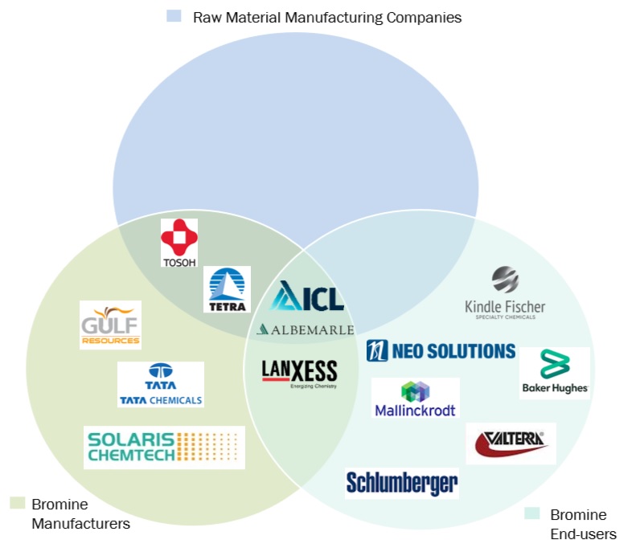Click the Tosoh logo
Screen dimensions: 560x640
178,243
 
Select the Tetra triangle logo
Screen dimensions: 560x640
227,289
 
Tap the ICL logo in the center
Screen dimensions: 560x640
307,297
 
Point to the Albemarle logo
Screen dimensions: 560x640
305,329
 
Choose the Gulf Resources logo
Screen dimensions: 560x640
110,325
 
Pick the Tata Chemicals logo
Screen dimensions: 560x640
161,384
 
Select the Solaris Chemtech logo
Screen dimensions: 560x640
164,448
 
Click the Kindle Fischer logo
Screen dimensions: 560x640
505,294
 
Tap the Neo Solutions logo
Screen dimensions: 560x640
441,351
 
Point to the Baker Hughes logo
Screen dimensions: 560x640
554,373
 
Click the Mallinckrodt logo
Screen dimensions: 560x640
415,398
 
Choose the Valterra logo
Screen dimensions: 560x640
511,444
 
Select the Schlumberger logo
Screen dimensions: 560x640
402,482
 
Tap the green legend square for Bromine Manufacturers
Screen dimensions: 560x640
16,503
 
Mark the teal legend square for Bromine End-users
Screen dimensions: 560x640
531,513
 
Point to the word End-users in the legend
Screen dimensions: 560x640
583,534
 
